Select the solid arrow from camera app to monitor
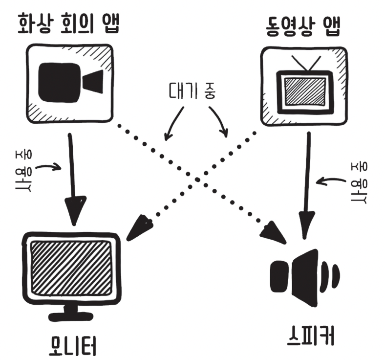[x=73, y=176]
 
